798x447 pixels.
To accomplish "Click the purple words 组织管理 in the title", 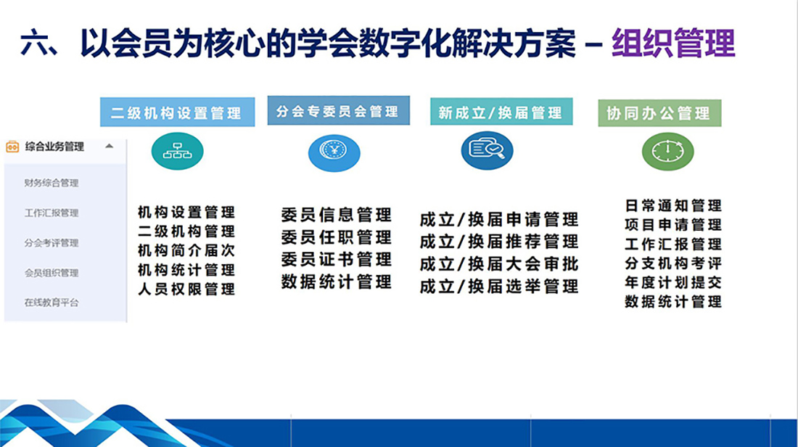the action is tap(673, 43).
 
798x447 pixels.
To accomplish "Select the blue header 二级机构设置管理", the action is tap(177, 112).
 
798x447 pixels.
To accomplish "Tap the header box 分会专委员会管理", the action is tap(339, 110).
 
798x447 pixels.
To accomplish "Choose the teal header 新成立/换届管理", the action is tap(501, 112).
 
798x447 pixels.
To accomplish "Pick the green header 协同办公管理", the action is tap(659, 113).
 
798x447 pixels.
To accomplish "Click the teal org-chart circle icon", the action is tap(177, 151).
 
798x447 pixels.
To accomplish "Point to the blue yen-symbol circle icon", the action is tap(334, 152).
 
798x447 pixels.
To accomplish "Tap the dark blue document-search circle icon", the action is tap(487, 151).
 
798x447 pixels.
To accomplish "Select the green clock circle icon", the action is tap(667, 152).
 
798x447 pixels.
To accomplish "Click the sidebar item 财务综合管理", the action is tap(52, 183).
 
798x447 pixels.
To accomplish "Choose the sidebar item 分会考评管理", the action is tap(52, 243).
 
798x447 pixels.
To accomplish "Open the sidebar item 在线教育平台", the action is tap(52, 303).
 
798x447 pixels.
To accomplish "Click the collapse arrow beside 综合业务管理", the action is tap(109, 147).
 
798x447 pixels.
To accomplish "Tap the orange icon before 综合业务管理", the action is tap(12, 147).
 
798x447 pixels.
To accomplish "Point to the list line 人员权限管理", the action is tap(186, 290).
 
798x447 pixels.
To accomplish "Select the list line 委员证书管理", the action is tap(337, 259).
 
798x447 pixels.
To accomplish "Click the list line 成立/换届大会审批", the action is tap(499, 263).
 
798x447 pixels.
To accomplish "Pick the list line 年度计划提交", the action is tap(673, 282).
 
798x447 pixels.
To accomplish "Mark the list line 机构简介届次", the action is tap(186, 250).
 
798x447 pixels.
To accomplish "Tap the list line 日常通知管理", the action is tap(673, 205).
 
